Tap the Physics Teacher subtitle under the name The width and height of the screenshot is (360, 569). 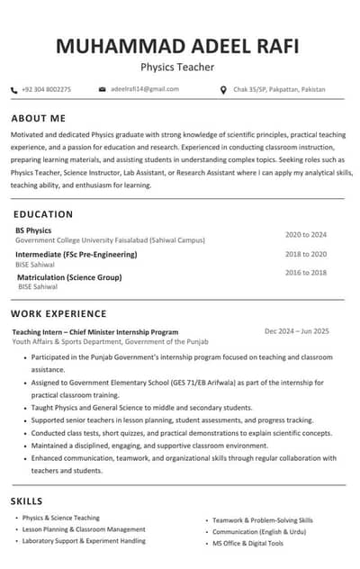pyautogui.click(x=177, y=68)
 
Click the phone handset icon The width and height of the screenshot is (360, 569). pyautogui.click(x=13, y=90)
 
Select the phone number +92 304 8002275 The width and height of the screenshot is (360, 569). pyautogui.click(x=46, y=90)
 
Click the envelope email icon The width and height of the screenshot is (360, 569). pyautogui.click(x=103, y=90)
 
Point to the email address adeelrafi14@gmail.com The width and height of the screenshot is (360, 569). pyautogui.click(x=145, y=89)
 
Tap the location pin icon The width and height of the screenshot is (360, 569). pyautogui.click(x=223, y=90)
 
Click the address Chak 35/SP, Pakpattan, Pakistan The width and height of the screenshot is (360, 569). pyautogui.click(x=278, y=90)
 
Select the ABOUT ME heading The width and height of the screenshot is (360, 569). pyautogui.click(x=39, y=119)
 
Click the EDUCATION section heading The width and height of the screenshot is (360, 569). pyautogui.click(x=43, y=214)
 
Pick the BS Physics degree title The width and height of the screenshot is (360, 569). pyautogui.click(x=33, y=230)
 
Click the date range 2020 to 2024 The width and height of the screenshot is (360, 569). pyautogui.click(x=306, y=235)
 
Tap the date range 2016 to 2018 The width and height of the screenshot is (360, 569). pyautogui.click(x=306, y=272)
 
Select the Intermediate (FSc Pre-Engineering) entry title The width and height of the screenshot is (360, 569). pyautogui.click(x=76, y=255)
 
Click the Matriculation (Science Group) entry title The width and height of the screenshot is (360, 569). pyautogui.click(x=69, y=277)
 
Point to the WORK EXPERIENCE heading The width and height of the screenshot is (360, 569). pyautogui.click(x=58, y=314)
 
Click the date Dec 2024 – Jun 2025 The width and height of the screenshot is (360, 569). pyautogui.click(x=297, y=331)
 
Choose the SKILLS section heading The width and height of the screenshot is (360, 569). pyautogui.click(x=26, y=501)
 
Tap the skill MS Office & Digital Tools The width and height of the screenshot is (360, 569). pyautogui.click(x=247, y=544)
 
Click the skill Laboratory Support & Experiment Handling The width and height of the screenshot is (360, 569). pyautogui.click(x=84, y=541)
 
